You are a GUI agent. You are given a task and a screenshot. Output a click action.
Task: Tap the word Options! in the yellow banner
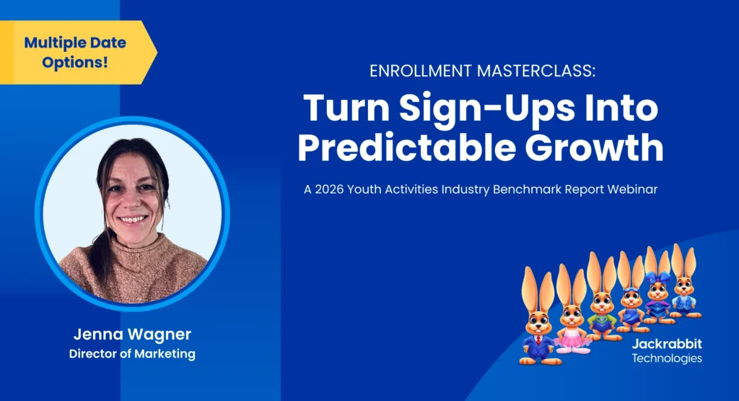(x=75, y=62)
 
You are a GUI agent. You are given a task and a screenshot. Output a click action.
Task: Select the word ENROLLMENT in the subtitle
(x=416, y=71)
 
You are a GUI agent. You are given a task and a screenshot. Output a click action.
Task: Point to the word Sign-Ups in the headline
(x=463, y=108)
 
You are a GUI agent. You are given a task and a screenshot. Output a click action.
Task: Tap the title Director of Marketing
(x=131, y=354)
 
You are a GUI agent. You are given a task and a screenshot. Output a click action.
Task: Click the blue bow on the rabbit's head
(x=658, y=277)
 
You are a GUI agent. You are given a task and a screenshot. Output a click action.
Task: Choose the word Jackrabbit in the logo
(x=667, y=345)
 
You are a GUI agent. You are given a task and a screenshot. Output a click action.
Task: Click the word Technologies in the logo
(x=667, y=358)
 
